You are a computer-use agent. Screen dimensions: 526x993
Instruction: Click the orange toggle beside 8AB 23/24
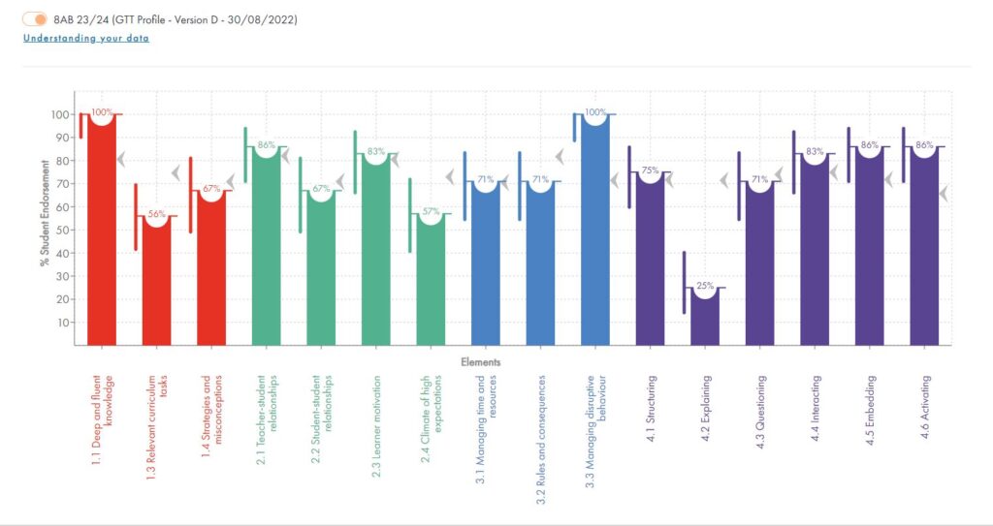[36, 19]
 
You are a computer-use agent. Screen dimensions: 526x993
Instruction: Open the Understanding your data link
[86, 38]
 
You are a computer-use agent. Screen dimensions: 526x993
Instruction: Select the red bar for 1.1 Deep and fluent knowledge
[101, 232]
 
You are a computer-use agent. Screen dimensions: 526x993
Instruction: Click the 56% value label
[156, 214]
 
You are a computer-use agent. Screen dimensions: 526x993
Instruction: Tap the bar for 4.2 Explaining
[705, 316]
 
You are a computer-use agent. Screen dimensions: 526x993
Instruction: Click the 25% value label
[705, 286]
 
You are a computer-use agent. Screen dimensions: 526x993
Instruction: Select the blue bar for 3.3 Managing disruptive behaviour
[594, 232]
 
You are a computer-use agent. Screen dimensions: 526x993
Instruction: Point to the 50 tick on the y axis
[62, 230]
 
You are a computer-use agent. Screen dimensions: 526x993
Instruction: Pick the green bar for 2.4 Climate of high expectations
[431, 281]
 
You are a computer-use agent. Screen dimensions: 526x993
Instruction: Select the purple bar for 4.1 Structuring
[650, 262]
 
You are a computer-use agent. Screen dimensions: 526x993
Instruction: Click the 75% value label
[650, 170]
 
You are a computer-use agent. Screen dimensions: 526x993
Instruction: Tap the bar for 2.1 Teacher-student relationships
[266, 247]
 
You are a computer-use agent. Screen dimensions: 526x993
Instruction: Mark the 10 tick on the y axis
[62, 322]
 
